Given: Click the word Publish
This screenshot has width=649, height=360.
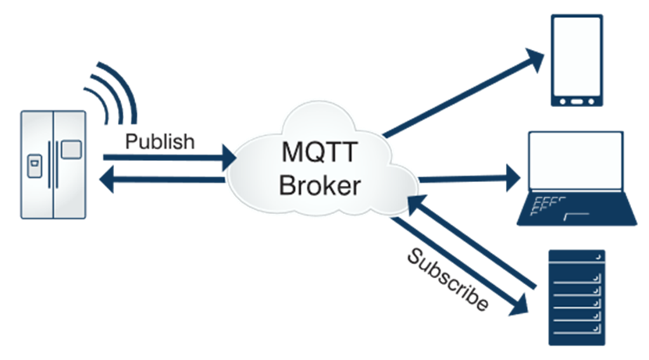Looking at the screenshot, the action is (x=160, y=142).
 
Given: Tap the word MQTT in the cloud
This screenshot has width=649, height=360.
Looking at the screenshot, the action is (x=319, y=151).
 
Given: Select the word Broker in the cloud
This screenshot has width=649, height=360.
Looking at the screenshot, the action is (x=320, y=185).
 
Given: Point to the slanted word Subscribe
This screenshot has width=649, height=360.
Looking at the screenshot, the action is (x=448, y=279).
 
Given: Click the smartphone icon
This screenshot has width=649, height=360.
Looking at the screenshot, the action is (x=576, y=60).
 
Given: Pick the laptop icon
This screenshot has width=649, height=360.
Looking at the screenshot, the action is (x=576, y=178).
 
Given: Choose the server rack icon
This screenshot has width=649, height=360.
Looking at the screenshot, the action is (x=576, y=298).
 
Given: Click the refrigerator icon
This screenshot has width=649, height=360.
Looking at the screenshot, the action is (x=53, y=164).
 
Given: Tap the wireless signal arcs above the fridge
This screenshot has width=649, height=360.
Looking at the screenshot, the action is (x=111, y=93).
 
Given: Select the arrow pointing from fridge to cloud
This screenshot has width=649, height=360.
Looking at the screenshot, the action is (x=169, y=158).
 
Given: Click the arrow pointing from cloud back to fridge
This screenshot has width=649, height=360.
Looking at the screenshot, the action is (x=162, y=180).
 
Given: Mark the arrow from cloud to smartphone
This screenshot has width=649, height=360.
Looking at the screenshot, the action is (x=464, y=92).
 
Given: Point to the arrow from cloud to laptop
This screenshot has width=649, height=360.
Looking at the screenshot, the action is (x=469, y=179).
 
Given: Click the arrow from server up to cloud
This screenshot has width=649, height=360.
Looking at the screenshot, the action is (x=472, y=241).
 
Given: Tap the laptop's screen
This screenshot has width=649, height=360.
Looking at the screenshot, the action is (x=576, y=160).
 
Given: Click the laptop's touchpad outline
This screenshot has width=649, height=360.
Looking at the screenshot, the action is (x=576, y=216).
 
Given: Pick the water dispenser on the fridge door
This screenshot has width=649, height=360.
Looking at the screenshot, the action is (x=34, y=166).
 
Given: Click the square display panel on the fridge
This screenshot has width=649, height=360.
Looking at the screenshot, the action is (x=71, y=149).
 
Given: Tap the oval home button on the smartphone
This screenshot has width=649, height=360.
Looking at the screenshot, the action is (x=576, y=102).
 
